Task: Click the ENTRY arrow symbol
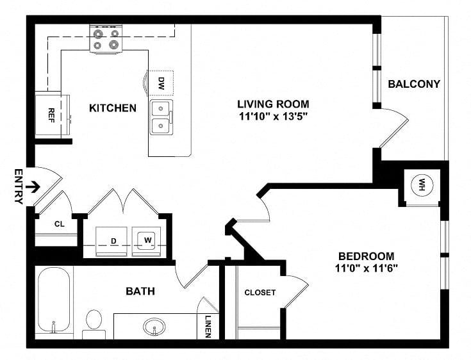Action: click(x=33, y=188)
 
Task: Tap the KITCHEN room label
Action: click(x=113, y=108)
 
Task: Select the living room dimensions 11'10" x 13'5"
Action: click(x=274, y=116)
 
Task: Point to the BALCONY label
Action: click(x=414, y=84)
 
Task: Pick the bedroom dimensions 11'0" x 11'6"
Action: click(x=367, y=268)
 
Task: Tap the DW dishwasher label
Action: click(x=161, y=83)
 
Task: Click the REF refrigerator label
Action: click(x=51, y=115)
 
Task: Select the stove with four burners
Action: click(x=106, y=38)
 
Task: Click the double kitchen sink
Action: click(x=161, y=117)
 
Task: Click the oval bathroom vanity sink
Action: click(x=154, y=327)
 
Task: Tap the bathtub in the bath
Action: click(x=54, y=300)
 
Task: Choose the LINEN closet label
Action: click(x=208, y=327)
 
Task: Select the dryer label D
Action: click(x=113, y=241)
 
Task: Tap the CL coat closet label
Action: click(x=60, y=224)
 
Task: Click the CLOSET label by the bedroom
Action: click(x=260, y=293)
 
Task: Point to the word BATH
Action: click(x=140, y=291)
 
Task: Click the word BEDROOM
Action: click(x=367, y=256)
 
